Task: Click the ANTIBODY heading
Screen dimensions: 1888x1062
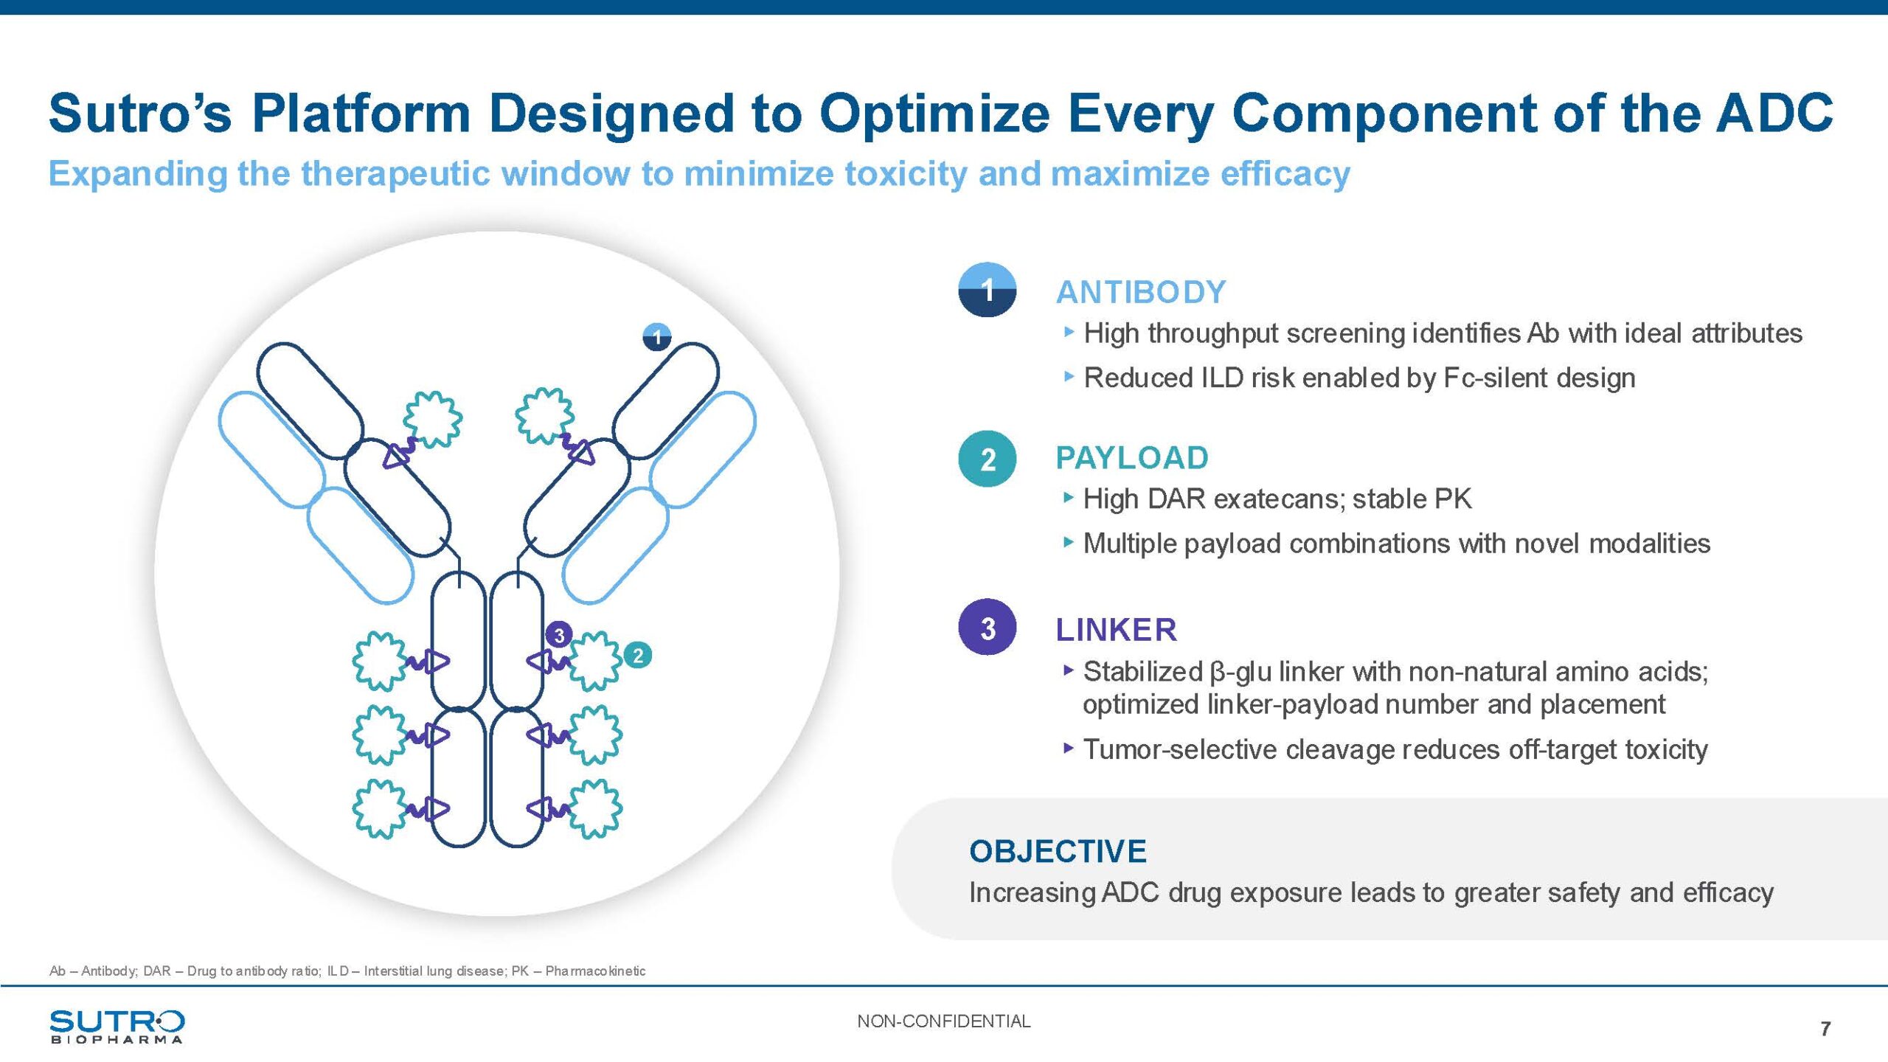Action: tap(1141, 292)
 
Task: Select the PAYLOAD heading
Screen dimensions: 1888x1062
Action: tap(1132, 458)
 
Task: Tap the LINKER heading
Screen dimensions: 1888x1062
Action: tap(1117, 630)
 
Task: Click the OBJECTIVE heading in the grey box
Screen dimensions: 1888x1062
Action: tap(1058, 851)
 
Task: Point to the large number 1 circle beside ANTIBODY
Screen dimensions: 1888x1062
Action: tap(988, 290)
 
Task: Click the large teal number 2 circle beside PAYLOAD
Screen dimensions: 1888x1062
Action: tap(988, 459)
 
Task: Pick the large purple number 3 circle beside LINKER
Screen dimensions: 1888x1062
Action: tap(988, 628)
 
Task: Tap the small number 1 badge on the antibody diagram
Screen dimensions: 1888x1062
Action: tap(657, 337)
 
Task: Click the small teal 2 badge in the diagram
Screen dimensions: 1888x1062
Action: tap(638, 655)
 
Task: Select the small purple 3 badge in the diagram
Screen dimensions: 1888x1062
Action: tap(559, 635)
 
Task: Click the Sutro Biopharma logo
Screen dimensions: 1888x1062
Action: tap(117, 1027)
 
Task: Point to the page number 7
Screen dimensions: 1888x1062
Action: tap(1825, 1028)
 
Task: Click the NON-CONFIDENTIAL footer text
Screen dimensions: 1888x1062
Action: tap(943, 1021)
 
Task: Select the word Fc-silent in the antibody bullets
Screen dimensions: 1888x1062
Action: tap(1496, 378)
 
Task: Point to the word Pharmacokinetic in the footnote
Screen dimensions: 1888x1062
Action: tap(595, 971)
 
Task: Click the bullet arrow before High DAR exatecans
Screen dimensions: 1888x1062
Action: tap(1069, 498)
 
